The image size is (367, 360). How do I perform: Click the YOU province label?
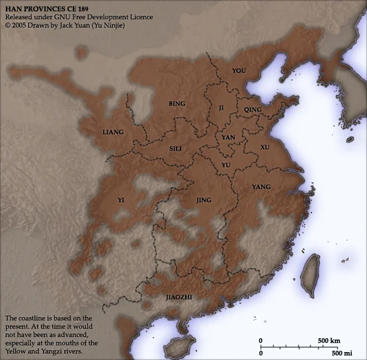[239, 70]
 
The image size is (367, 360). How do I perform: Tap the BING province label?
[177, 104]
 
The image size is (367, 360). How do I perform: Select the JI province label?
[222, 106]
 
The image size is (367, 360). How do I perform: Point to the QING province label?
[253, 109]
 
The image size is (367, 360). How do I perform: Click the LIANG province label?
[113, 131]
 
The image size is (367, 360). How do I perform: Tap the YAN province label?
[228, 137]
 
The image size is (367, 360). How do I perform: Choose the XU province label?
[265, 147]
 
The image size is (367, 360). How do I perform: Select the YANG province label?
[261, 188]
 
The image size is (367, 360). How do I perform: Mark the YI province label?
[120, 199]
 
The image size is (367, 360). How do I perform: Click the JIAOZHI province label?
[178, 297]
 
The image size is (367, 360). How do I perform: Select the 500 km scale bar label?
[329, 341]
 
